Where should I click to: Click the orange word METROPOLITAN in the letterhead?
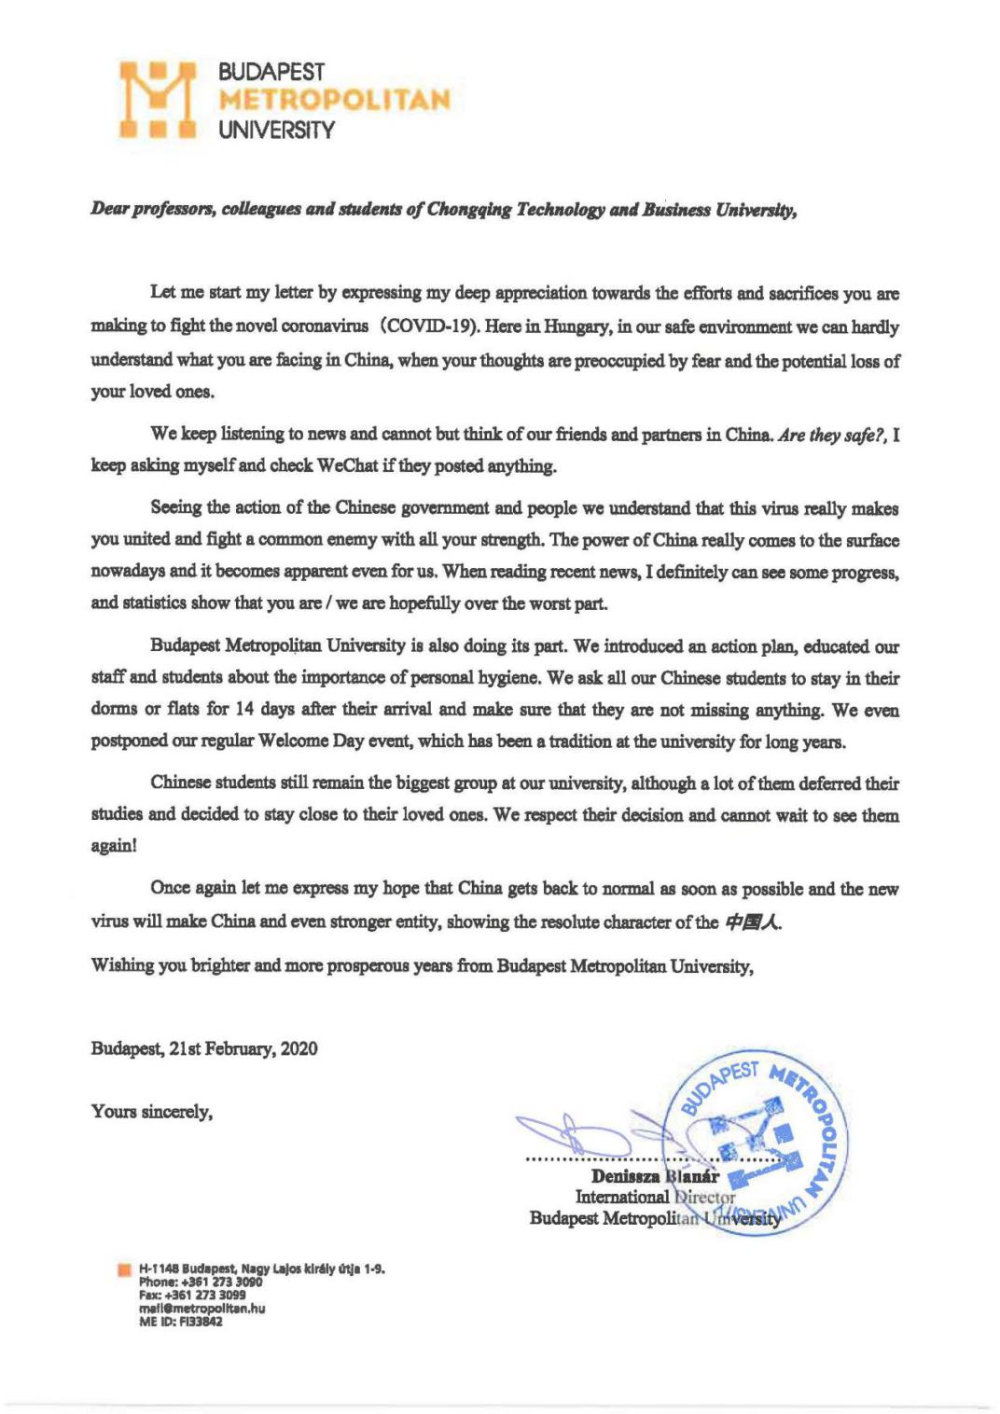[x=333, y=100]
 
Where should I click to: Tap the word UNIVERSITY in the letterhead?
[x=275, y=131]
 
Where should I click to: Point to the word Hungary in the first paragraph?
[x=566, y=327]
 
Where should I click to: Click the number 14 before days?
[x=244, y=710]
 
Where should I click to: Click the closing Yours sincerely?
[x=151, y=1111]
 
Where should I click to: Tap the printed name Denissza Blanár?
[x=655, y=1177]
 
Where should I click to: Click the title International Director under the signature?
[x=655, y=1197]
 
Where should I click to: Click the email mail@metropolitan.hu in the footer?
[x=201, y=1309]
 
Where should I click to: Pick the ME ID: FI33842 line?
[x=181, y=1322]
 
